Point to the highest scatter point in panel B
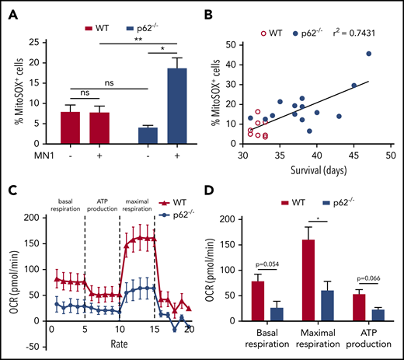368,54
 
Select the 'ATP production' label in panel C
102,211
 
